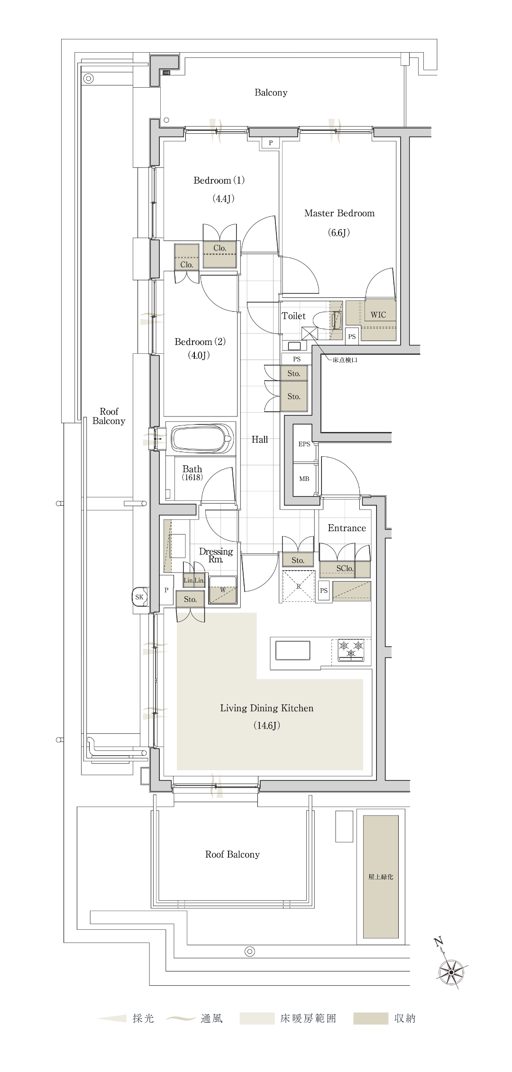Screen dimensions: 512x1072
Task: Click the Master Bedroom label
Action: tap(339, 213)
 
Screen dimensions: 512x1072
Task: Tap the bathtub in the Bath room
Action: tap(203, 439)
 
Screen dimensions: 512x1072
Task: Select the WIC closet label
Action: tap(378, 314)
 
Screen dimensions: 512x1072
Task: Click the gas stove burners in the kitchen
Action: tap(351, 649)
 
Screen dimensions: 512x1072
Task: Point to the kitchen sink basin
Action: tap(293, 650)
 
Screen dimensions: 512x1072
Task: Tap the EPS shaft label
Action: tap(304, 444)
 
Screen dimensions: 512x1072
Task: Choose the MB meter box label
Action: tap(304, 479)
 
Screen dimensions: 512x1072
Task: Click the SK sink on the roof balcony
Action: tap(139, 597)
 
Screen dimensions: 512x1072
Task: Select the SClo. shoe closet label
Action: tap(345, 568)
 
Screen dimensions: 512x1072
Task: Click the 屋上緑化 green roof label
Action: tap(381, 877)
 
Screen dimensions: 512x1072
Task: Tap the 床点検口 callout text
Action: tap(345, 360)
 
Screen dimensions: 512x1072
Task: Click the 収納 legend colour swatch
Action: tap(370, 1018)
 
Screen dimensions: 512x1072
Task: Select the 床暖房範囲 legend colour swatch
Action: tap(256, 1018)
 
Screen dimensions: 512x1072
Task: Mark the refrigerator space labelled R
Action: tap(299, 586)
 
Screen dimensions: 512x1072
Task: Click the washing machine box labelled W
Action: tap(223, 590)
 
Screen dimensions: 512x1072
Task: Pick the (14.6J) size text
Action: tap(266, 726)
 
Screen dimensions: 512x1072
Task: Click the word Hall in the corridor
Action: tap(260, 440)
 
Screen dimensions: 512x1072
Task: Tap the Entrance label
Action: tap(347, 528)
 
